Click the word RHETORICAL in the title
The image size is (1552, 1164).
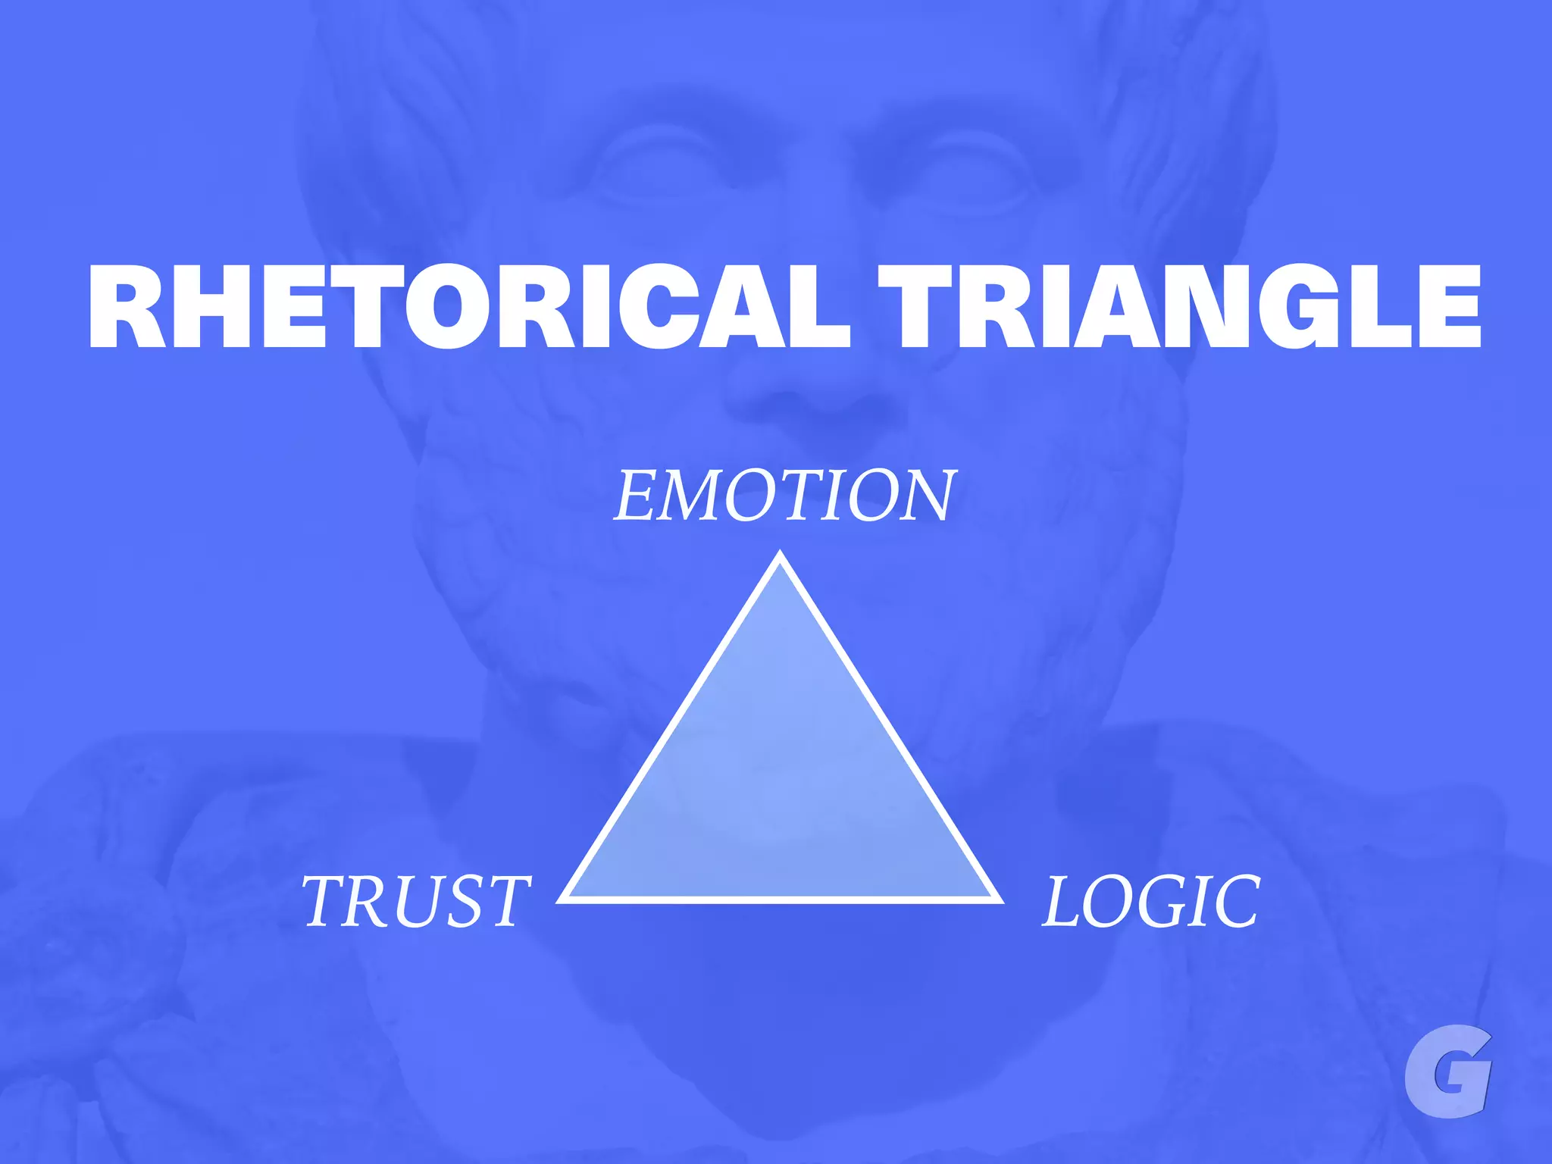pyautogui.click(x=470, y=306)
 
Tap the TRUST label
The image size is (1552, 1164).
pyautogui.click(x=416, y=901)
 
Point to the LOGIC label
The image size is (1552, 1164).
pyautogui.click(x=1151, y=901)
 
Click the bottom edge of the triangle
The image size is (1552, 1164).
pyautogui.click(x=781, y=900)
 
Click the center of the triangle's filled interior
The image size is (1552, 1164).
pyautogui.click(x=781, y=781)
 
